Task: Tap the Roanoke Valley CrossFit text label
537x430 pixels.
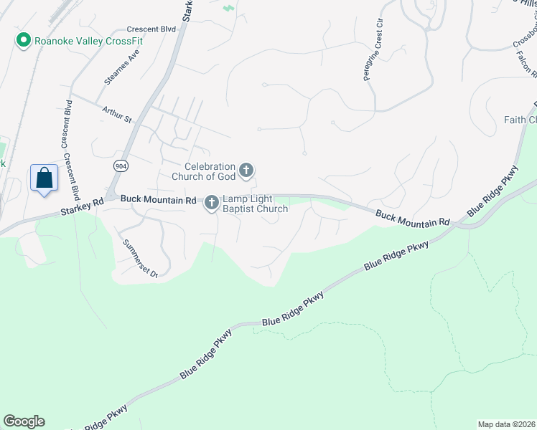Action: coord(88,41)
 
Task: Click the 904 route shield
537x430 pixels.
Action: coord(121,165)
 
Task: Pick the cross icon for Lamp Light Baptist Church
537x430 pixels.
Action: coord(212,204)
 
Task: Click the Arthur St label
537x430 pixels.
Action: coord(118,113)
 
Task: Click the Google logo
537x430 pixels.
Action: coord(24,421)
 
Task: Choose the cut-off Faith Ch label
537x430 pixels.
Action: coord(520,120)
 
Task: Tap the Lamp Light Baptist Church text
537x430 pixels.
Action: coord(255,204)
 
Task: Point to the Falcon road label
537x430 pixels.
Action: coord(527,64)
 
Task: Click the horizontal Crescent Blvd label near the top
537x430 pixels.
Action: coord(151,29)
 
